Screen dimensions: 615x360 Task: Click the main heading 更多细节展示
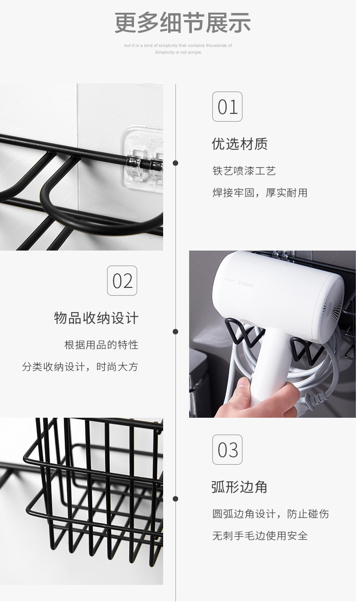coord(182,23)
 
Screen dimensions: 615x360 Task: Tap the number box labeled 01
coord(227,107)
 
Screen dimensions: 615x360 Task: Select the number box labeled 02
coord(122,281)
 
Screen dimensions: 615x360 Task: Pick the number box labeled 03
coord(227,450)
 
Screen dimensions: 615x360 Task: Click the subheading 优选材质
coord(240,144)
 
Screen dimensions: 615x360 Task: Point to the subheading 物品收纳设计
coord(96,318)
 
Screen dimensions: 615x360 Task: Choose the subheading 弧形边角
coord(239,487)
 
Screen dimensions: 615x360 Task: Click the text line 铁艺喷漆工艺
coord(244,171)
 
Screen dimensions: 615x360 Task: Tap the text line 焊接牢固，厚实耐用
coord(260,193)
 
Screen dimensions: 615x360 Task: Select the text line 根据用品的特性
coord(101,345)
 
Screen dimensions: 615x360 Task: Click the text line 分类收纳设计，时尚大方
coord(80,367)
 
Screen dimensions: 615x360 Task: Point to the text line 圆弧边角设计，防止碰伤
coord(270,514)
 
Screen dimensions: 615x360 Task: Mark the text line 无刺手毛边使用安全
coord(260,536)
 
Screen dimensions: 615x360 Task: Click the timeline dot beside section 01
coord(175,163)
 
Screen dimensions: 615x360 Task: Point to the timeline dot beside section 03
coord(175,499)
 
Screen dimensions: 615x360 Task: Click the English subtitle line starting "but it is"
coord(178,46)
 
